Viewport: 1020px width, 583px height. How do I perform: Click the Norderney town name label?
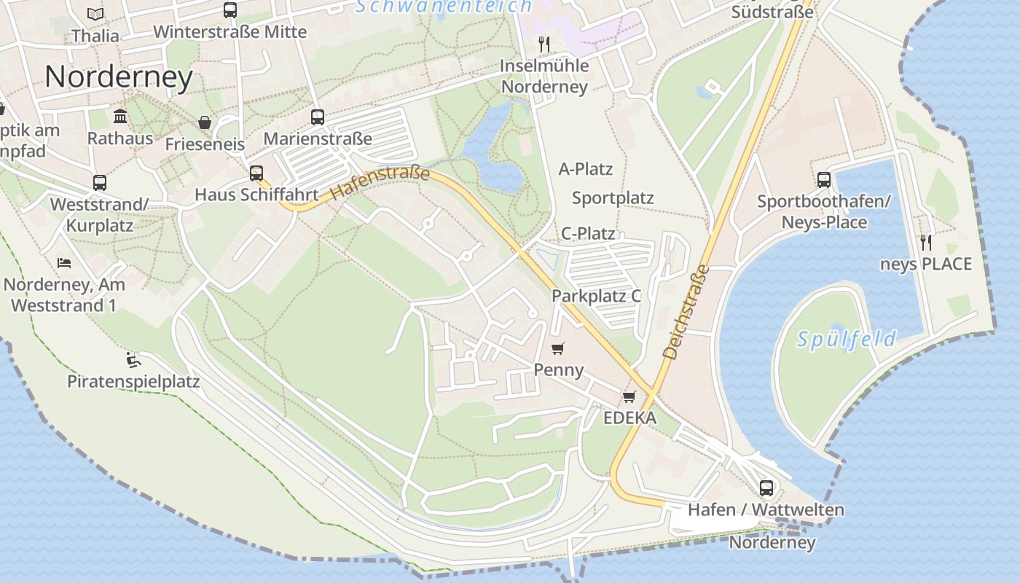click(x=119, y=77)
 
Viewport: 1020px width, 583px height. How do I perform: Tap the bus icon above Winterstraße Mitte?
click(x=230, y=10)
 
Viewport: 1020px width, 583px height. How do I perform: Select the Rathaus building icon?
click(x=120, y=117)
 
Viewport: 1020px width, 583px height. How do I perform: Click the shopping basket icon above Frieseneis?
click(x=205, y=122)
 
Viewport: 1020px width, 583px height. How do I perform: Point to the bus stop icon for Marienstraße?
click(x=318, y=117)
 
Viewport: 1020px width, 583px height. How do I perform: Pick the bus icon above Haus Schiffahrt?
click(x=256, y=173)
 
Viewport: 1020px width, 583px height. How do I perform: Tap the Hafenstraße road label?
click(x=380, y=184)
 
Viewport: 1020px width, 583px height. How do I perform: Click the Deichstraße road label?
click(x=686, y=312)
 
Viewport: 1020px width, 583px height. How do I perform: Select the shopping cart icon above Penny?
click(x=558, y=349)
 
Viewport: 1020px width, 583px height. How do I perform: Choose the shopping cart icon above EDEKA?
click(x=629, y=397)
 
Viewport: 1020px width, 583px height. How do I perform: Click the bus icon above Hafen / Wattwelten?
click(x=766, y=488)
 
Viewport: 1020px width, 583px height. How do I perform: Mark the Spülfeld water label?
click(x=847, y=339)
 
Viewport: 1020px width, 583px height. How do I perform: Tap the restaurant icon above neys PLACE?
click(x=926, y=242)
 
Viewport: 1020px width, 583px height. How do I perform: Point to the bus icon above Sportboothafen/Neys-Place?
click(x=824, y=180)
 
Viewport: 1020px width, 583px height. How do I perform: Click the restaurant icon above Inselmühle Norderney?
click(x=544, y=44)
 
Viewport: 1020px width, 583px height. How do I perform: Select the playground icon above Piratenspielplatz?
click(x=133, y=360)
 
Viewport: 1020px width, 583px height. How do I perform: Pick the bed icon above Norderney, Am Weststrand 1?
click(x=64, y=262)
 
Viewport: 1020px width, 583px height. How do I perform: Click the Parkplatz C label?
click(x=596, y=296)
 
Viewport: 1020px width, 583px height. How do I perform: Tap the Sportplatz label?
click(x=613, y=198)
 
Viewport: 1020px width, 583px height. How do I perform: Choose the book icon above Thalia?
click(x=95, y=14)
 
